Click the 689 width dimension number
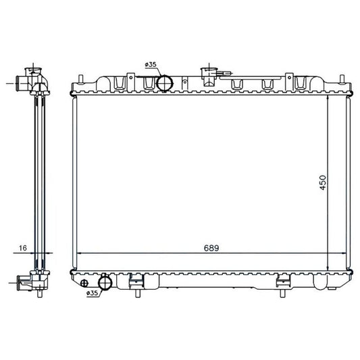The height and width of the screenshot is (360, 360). [x=211, y=248]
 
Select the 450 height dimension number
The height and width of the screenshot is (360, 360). [x=323, y=182]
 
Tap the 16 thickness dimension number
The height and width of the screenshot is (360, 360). [x=23, y=248]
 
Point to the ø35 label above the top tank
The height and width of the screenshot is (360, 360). [x=151, y=65]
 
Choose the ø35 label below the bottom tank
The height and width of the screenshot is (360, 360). [x=92, y=293]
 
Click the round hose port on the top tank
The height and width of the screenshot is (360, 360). [x=164, y=83]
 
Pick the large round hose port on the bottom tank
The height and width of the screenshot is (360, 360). [x=105, y=283]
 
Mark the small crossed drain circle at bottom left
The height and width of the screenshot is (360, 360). [x=84, y=283]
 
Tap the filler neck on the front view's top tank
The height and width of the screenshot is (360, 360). [x=209, y=76]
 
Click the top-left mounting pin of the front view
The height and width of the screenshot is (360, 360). [x=80, y=79]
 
